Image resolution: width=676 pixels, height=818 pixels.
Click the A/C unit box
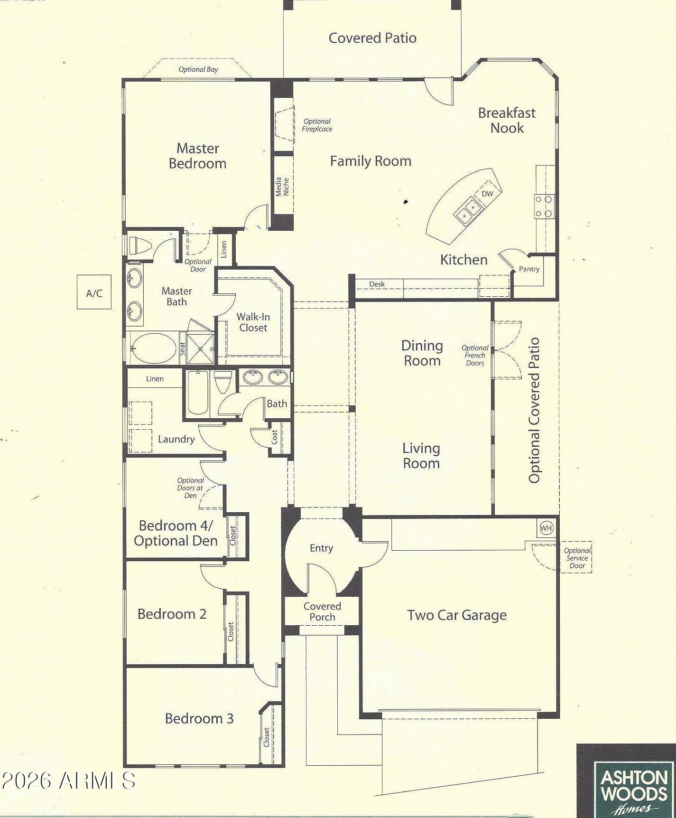(94, 292)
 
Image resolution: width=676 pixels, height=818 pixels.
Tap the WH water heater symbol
(546, 527)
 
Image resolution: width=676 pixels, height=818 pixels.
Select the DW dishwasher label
(487, 194)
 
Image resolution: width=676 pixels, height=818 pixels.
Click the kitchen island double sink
(468, 210)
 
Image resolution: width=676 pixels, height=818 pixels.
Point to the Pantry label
(529, 269)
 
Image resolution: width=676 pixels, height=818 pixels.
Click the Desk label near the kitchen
(377, 284)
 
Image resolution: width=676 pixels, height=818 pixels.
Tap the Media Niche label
(282, 187)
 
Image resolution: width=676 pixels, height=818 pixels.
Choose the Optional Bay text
(198, 69)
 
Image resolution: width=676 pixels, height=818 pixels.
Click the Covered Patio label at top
(372, 38)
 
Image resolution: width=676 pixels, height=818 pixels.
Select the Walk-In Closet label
(253, 322)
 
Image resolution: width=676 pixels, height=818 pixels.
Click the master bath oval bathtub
(153, 348)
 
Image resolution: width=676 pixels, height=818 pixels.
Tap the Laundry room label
(176, 439)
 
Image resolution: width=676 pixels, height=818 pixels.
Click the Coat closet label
(274, 437)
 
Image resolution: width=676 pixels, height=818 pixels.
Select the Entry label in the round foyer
(321, 548)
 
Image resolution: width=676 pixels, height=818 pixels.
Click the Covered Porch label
(322, 611)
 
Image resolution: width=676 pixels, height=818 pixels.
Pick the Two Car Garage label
(457, 615)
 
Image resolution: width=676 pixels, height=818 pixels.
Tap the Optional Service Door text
(577, 558)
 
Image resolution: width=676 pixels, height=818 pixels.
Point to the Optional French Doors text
(475, 356)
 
